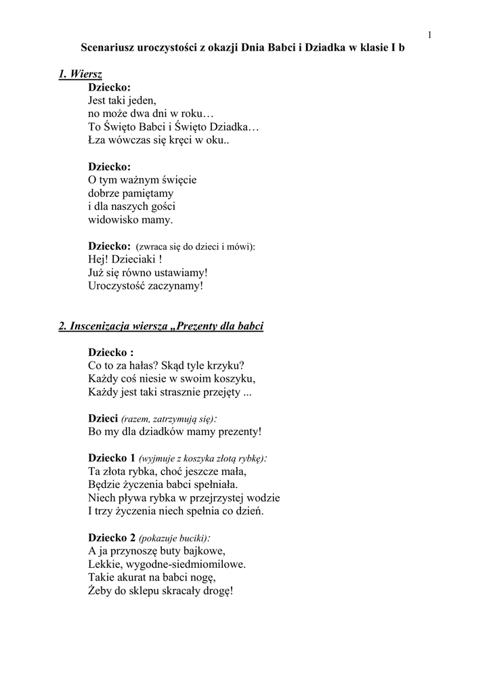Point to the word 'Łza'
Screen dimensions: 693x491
point(98,140)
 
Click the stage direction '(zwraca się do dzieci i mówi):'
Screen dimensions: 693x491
point(196,246)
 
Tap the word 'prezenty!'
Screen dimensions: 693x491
point(236,431)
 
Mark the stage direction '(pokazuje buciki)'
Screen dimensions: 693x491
point(173,538)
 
